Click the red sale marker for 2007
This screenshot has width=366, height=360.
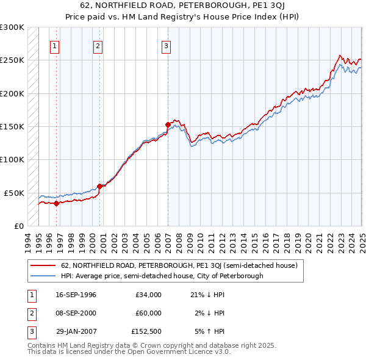168,124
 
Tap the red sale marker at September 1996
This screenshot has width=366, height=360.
56,204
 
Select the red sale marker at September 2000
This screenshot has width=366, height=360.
99,187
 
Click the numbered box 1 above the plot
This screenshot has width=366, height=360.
55,45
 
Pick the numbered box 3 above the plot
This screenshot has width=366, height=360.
166,45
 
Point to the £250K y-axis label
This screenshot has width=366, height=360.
12,60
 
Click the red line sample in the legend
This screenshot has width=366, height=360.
43,266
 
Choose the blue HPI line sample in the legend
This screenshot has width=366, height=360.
43,276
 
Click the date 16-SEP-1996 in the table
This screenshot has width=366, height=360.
76,295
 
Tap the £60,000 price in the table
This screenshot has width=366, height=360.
148,313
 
